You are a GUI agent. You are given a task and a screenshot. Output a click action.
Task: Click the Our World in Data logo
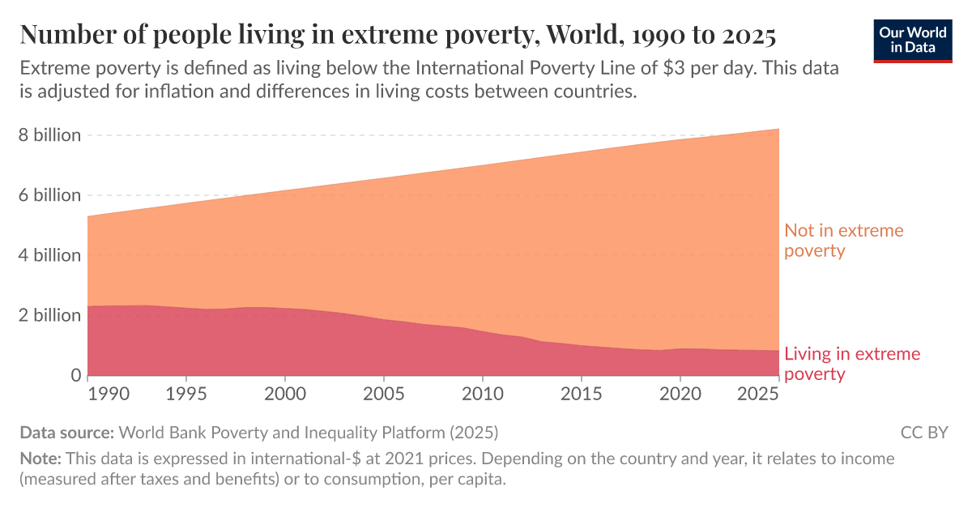point(913,38)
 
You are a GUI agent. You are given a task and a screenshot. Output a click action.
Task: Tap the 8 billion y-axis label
point(50,135)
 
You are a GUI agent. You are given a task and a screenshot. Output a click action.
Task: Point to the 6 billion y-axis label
point(50,195)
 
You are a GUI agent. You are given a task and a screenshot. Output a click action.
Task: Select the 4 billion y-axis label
point(50,255)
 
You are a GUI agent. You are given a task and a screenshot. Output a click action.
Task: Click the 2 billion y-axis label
point(50,315)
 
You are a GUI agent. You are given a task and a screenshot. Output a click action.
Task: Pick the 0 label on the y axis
point(75,375)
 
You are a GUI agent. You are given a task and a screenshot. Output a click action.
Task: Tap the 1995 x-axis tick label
point(186,395)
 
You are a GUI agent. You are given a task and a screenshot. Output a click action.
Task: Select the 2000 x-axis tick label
point(285,395)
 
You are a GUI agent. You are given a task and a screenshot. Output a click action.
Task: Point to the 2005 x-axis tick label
point(383,395)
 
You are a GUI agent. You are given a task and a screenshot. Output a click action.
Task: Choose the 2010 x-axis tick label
point(482,395)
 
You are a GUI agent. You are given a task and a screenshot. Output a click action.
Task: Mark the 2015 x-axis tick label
point(581,395)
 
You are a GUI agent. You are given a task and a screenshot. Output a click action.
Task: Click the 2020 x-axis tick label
point(680,395)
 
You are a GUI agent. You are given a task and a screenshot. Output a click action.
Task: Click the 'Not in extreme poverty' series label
point(842,241)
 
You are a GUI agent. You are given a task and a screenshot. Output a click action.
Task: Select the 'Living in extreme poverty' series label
point(851,364)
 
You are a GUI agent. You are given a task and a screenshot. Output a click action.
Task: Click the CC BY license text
point(923,432)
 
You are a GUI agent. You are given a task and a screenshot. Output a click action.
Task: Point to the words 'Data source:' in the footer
point(67,432)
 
